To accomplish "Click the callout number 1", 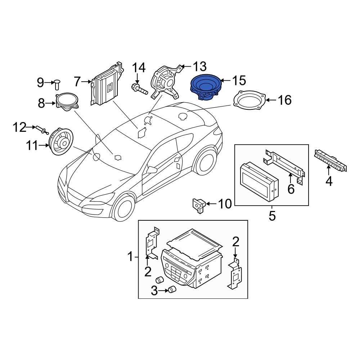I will [130, 257].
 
